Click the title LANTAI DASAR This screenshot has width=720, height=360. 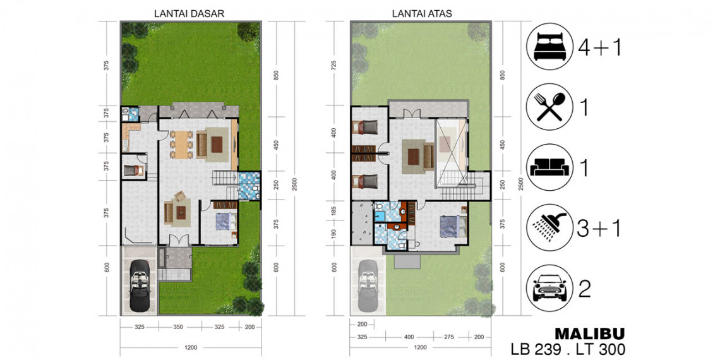click(x=189, y=13)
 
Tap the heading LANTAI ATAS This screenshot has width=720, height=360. click(x=422, y=13)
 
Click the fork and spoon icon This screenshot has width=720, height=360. click(x=551, y=107)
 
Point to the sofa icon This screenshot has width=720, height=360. click(x=549, y=167)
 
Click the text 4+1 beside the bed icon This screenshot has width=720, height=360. click(x=599, y=47)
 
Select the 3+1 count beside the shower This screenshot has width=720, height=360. click(x=599, y=228)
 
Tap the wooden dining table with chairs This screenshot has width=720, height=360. click(x=183, y=144)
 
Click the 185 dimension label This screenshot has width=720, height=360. click(x=335, y=212)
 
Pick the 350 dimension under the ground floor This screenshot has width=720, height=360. click(x=179, y=327)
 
